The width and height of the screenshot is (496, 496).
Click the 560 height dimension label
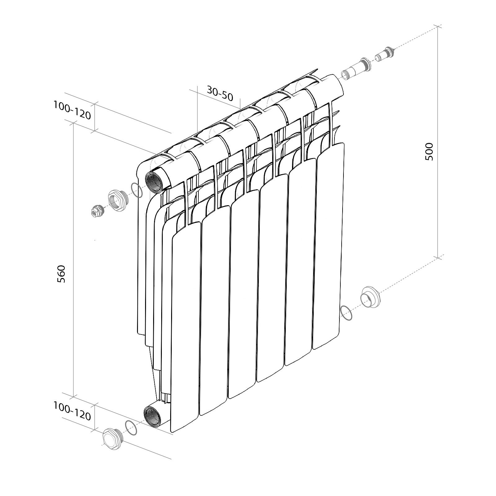(x=62, y=273)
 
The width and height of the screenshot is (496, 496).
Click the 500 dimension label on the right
(x=429, y=151)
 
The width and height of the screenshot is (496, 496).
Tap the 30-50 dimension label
(x=220, y=94)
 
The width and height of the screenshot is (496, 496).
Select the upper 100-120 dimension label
(x=72, y=110)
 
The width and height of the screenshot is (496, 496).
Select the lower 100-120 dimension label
(x=72, y=411)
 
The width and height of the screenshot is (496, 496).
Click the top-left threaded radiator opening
(x=154, y=183)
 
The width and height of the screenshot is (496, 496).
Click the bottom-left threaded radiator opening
(x=152, y=416)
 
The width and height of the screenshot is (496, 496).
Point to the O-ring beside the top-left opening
(x=136, y=190)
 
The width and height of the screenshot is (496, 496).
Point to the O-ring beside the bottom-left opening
(x=131, y=428)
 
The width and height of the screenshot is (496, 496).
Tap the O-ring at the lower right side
(x=346, y=313)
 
